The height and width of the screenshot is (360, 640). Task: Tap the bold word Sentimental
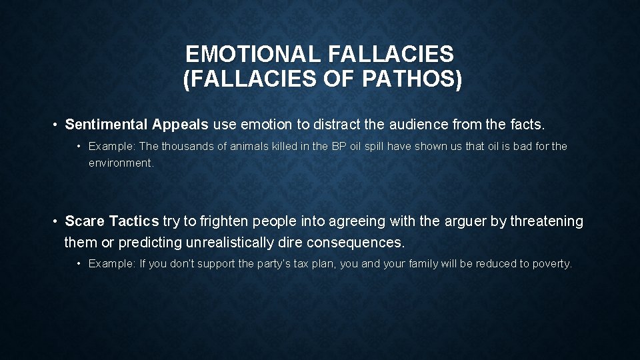pos(107,125)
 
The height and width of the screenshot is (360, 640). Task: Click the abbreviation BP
pos(339,146)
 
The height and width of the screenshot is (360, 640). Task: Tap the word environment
pos(121,163)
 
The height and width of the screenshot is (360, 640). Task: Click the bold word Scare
pos(85,221)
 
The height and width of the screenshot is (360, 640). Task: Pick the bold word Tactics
pos(134,221)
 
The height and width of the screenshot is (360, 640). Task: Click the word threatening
pos(547,221)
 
